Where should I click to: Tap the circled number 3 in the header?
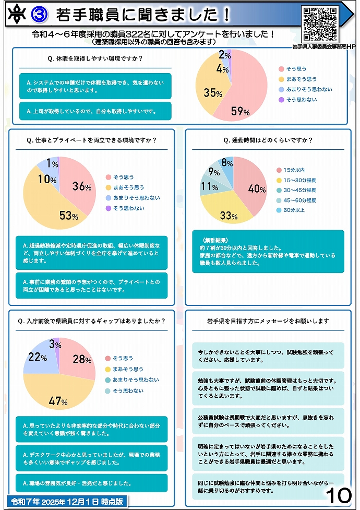click(x=39, y=15)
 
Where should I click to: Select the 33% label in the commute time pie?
click(x=228, y=215)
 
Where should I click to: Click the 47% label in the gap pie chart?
click(x=58, y=401)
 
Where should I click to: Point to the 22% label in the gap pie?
click(x=37, y=359)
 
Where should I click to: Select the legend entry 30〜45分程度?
click(x=296, y=191)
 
